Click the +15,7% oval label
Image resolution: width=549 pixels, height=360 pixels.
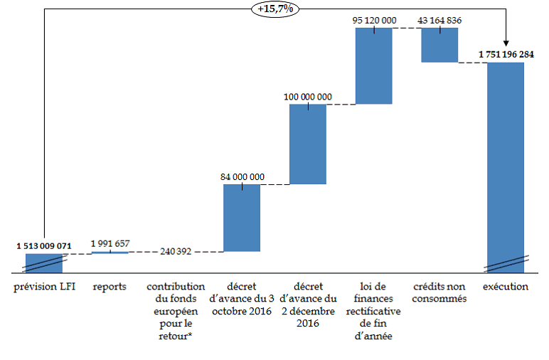275,10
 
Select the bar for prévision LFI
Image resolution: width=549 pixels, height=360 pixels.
44,263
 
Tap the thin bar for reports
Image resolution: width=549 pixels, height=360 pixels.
110,253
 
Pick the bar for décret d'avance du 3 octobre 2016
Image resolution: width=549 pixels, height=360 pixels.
242,218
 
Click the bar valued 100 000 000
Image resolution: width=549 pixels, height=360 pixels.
308,144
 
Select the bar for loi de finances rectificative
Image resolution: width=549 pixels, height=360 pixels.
374,66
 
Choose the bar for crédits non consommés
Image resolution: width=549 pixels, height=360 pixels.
439,45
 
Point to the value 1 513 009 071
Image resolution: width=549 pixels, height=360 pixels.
44,246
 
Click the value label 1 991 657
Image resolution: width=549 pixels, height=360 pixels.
110,243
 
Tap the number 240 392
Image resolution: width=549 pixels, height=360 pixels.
176,252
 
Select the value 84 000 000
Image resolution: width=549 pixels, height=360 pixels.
242,176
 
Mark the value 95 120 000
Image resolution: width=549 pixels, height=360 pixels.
374,21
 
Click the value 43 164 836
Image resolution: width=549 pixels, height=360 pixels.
439,21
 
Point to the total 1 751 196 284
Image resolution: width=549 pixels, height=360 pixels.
506,54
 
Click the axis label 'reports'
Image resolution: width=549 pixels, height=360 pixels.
110,287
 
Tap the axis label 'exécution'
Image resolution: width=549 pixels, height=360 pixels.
506,287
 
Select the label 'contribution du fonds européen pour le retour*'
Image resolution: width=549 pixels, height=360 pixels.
176,311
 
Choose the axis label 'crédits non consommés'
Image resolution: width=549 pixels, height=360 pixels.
439,292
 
